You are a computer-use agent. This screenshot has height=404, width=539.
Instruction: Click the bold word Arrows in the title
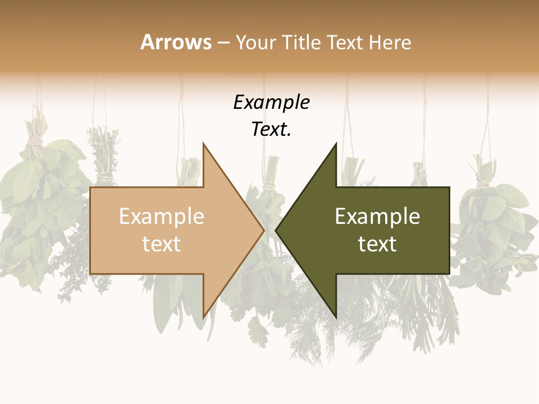[176, 42]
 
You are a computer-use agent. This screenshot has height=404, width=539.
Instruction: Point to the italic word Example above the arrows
[271, 102]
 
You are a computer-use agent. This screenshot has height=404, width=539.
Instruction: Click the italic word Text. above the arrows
[271, 130]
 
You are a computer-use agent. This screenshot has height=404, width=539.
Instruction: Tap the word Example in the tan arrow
[162, 217]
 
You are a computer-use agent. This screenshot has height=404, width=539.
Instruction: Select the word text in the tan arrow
[162, 244]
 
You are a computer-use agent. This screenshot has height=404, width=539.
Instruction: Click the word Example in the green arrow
[377, 217]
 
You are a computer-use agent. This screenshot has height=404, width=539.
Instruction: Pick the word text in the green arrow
[377, 244]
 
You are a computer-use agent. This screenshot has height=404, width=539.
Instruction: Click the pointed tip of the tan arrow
[264, 230]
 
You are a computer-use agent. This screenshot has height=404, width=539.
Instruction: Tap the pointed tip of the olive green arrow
[276, 230]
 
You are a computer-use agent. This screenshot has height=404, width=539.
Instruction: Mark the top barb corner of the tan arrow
[203, 144]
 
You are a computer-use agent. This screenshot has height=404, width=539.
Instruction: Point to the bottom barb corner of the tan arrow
[203, 318]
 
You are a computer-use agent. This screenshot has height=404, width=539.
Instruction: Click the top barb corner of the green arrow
[336, 144]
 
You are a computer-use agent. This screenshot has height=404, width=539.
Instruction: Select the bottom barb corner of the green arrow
[336, 318]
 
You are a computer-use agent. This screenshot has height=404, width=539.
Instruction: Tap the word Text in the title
[344, 42]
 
